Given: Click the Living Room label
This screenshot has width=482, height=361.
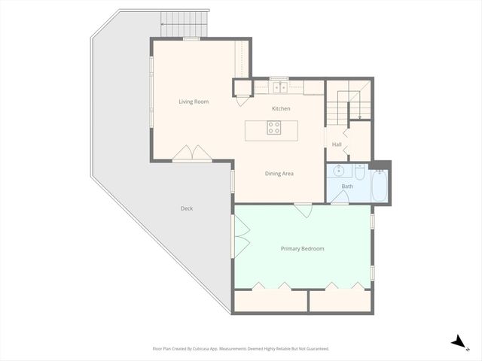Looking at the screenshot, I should [194, 102].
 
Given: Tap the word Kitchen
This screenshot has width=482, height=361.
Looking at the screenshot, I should [281, 108].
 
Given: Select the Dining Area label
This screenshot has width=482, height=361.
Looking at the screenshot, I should [279, 174].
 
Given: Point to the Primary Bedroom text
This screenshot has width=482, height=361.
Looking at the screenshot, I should [302, 248].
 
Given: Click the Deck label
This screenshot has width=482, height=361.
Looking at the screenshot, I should [187, 208].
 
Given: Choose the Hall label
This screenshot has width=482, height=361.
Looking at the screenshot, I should [337, 144].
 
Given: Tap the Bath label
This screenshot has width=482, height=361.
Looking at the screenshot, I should [347, 186].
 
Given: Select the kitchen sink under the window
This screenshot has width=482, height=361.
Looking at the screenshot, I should [279, 87].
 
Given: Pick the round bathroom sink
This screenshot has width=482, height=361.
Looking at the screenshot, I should [339, 170].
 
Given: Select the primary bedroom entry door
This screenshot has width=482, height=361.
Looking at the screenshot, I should [303, 210].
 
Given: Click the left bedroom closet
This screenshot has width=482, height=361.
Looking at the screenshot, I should [270, 301].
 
